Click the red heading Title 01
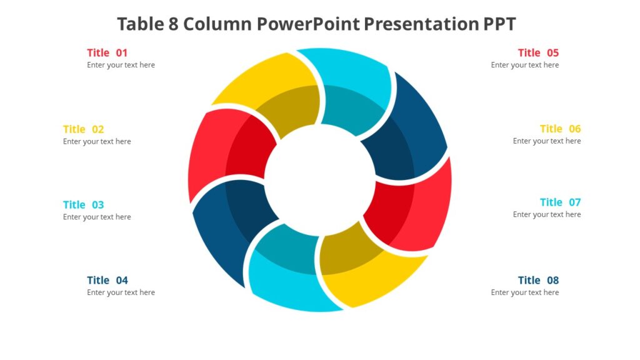[x=107, y=53]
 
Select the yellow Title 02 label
[x=83, y=129]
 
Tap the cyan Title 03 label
[x=83, y=205]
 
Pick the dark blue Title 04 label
[x=107, y=281]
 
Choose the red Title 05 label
[x=538, y=53]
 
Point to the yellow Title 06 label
[x=560, y=129]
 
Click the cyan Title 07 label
[x=560, y=202]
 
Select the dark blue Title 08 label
[x=538, y=281]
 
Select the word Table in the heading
[x=140, y=24]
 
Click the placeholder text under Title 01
[x=121, y=65]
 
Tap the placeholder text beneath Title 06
[x=547, y=141]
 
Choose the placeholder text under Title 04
[x=121, y=292]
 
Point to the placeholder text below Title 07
[x=547, y=214]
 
